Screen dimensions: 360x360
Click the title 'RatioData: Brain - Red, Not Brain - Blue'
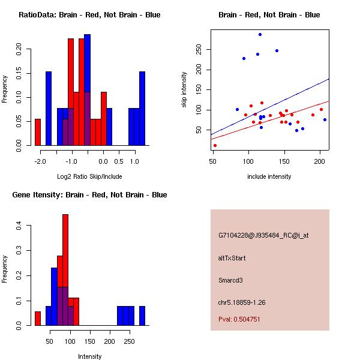coord(89,15)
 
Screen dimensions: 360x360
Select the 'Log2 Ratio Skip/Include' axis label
coord(89,176)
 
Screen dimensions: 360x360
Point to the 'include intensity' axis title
coord(269,176)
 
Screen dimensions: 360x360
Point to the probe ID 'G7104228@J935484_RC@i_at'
coord(263,236)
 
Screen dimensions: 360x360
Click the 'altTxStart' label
coord(232,258)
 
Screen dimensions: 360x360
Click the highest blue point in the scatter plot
coord(260,34)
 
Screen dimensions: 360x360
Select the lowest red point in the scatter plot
coord(215,145)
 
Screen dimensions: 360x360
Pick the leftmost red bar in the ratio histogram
coord(38,132)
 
